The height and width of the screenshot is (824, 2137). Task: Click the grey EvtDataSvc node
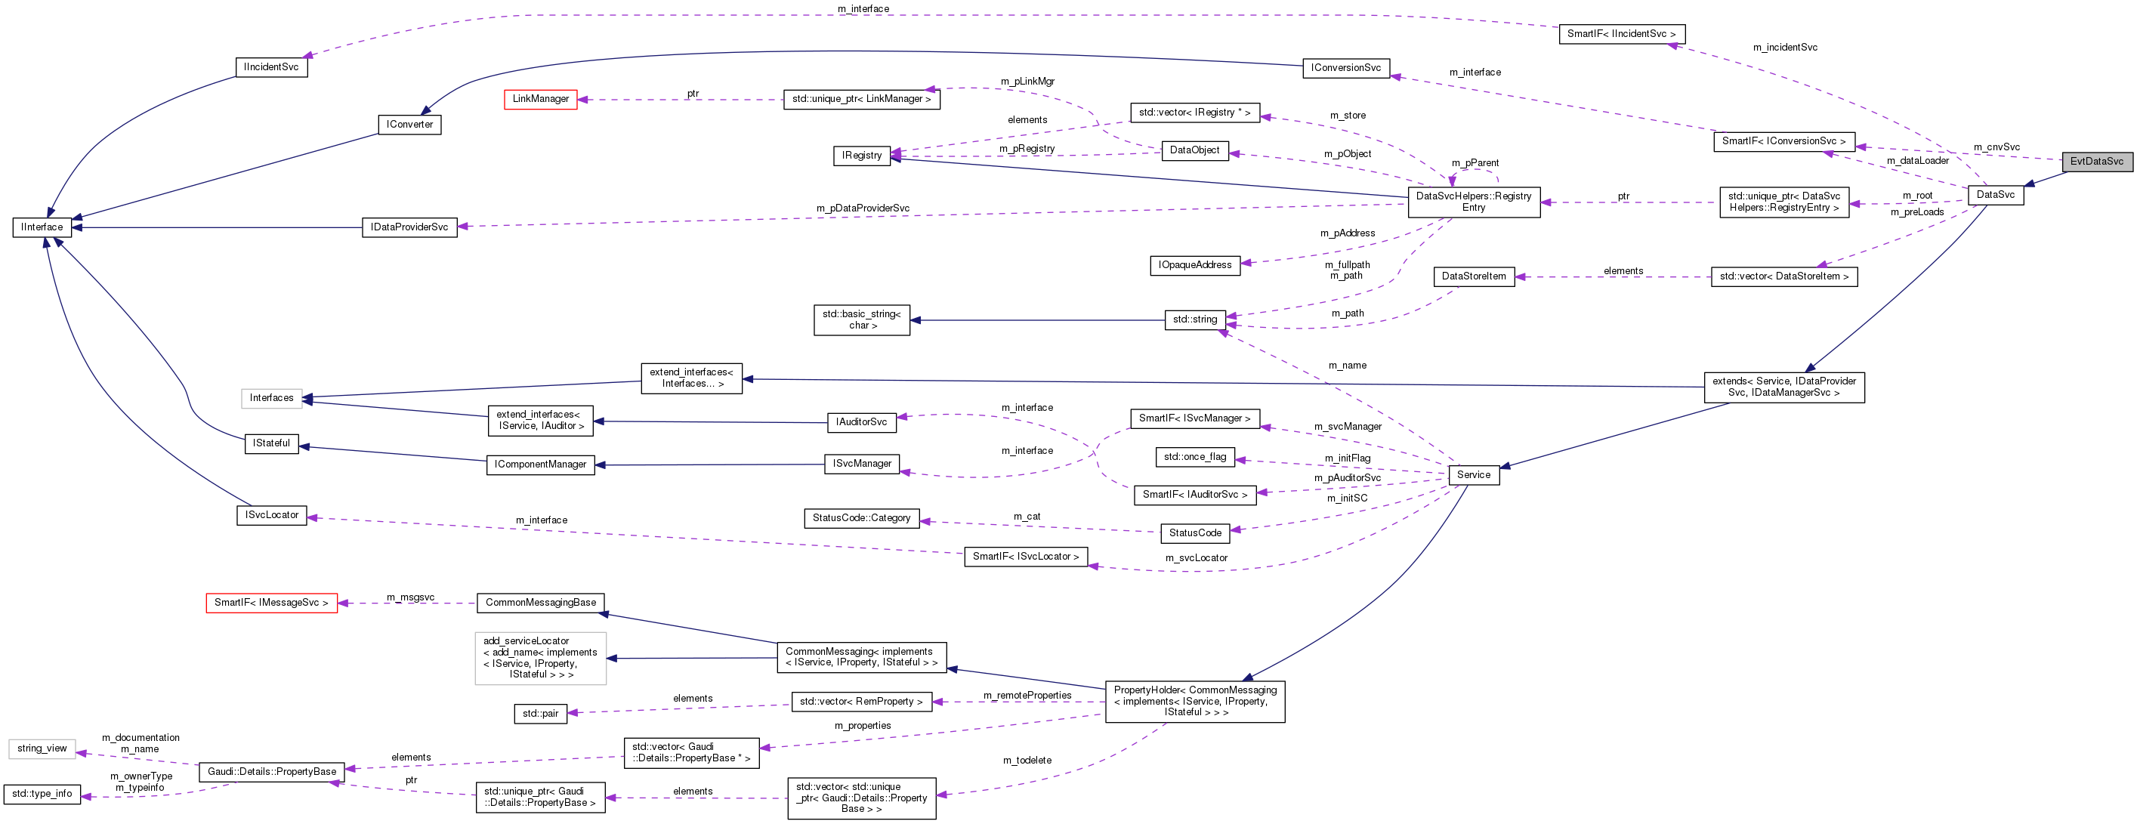pos(2095,162)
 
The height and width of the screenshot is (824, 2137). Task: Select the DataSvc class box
pos(1995,195)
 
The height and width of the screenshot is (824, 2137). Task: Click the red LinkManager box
pos(540,99)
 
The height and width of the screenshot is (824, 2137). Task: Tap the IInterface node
pos(42,227)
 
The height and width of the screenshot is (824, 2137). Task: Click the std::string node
pos(1194,319)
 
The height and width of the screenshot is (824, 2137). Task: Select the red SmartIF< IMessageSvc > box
pos(271,603)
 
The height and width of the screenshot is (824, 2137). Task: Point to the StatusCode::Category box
pos(861,519)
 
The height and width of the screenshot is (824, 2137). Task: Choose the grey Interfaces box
pos(271,398)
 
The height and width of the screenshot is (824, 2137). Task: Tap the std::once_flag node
pos(1194,457)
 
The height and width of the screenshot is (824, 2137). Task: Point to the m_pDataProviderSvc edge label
pos(862,208)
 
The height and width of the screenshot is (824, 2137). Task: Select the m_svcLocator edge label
pos(1196,558)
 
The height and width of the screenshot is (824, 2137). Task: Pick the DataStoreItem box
pos(1473,276)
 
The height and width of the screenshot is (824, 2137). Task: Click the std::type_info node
pos(42,794)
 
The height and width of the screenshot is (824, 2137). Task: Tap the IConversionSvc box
pos(1345,68)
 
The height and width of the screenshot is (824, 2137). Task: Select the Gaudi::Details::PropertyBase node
pos(271,773)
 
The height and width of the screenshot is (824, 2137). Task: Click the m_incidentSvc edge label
pos(1784,48)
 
